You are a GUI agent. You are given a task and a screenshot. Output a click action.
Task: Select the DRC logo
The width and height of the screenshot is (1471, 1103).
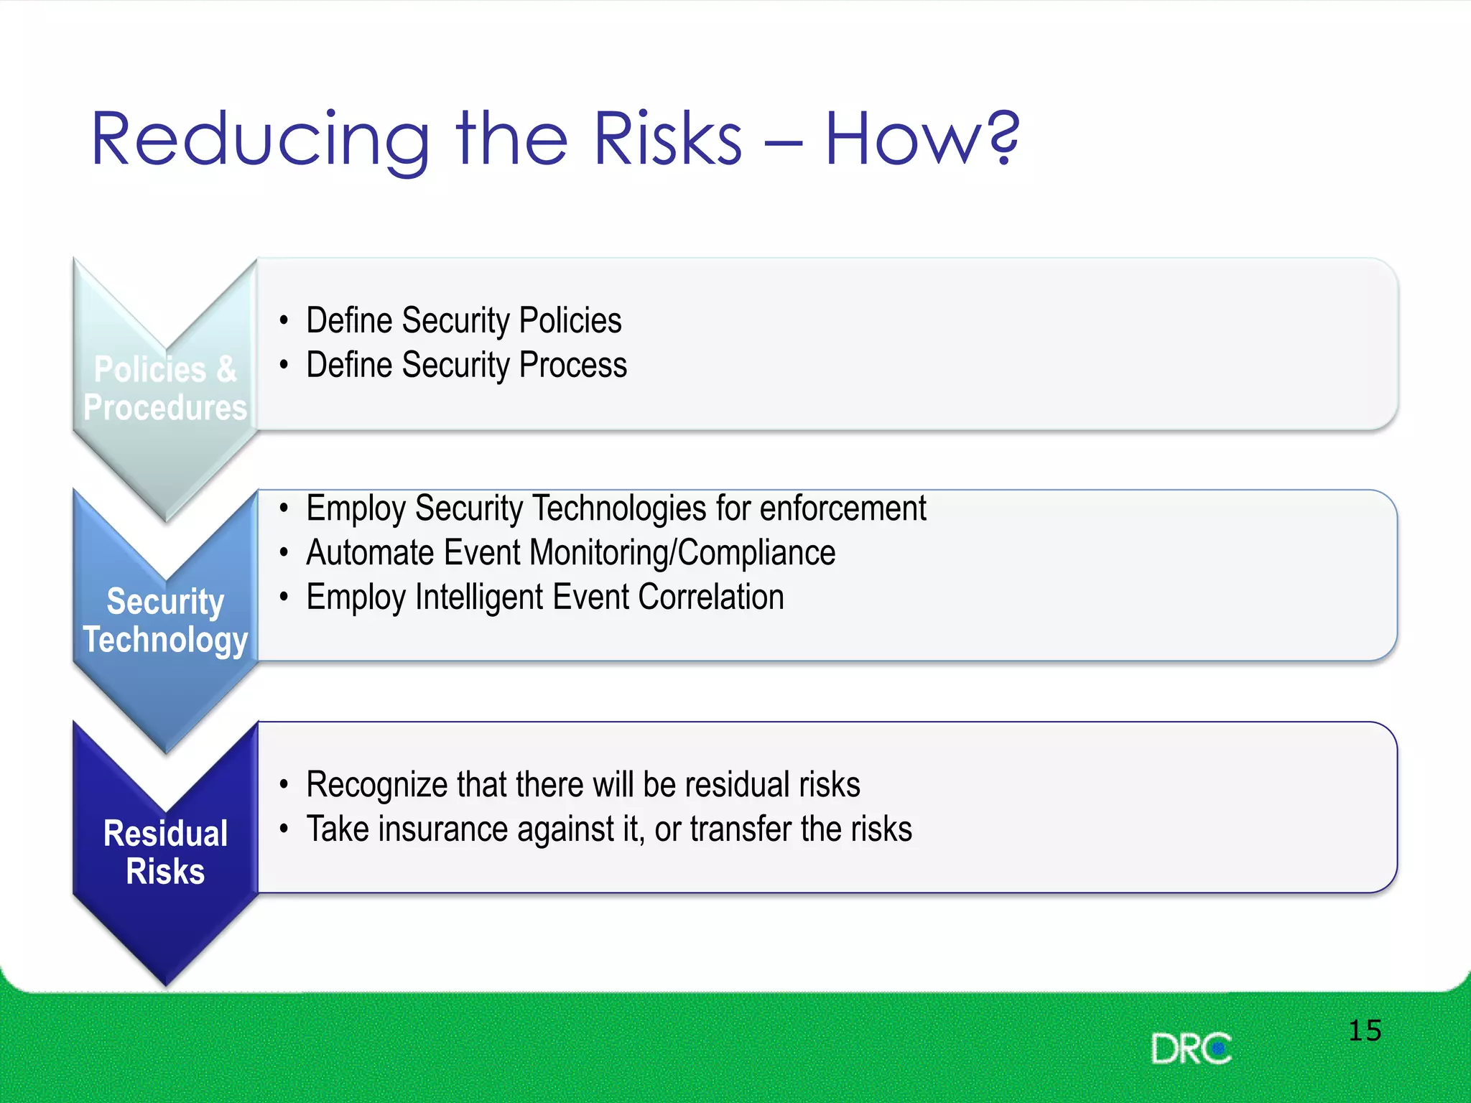pos(1191,1049)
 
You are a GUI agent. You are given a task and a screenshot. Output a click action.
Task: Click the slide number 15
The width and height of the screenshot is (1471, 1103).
pos(1365,1031)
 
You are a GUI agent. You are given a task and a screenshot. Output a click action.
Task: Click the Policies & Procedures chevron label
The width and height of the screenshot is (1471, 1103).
pos(165,388)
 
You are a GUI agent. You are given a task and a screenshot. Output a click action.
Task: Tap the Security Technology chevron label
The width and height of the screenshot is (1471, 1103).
pos(165,620)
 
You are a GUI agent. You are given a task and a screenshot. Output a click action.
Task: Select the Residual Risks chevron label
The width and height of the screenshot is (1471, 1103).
pos(165,852)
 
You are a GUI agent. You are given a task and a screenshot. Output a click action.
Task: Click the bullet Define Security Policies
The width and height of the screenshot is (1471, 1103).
pos(463,320)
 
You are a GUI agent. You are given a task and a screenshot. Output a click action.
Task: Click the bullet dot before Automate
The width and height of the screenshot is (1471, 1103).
pos(284,553)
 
